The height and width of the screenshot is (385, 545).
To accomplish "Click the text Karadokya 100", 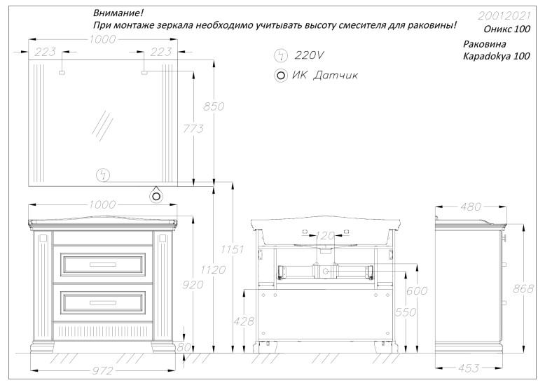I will pos(497,57).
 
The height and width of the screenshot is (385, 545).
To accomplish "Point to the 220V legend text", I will pos(310,55).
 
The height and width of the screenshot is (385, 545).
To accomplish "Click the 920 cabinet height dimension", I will pos(193,284).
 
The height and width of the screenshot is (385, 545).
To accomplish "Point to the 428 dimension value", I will pos(242,320).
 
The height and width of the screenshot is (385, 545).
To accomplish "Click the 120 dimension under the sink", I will pos(326,236).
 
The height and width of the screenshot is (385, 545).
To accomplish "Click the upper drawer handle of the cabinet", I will pos(104,264).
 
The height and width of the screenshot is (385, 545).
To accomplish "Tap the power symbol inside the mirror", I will pos(104,175).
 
